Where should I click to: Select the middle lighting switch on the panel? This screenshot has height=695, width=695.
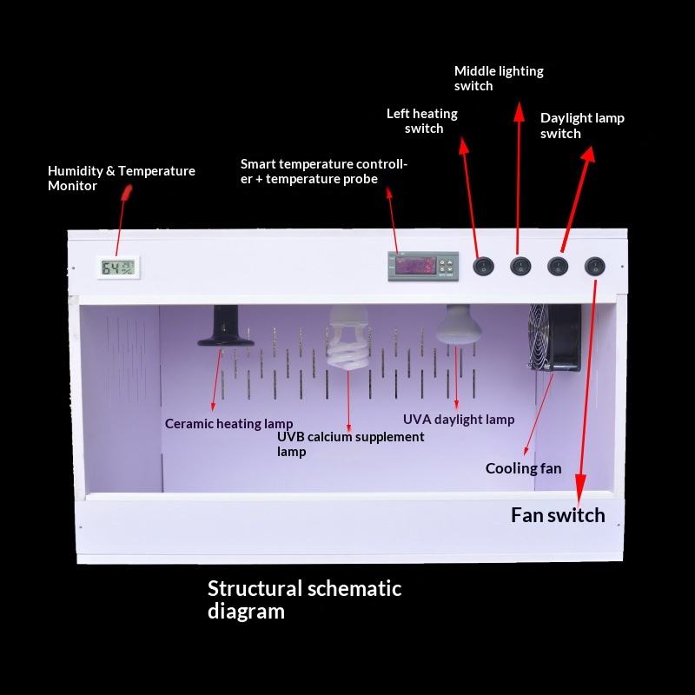[520, 266]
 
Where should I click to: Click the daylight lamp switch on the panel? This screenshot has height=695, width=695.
[557, 266]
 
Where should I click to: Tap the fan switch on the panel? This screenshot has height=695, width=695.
[594, 266]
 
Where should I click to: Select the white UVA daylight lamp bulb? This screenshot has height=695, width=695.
[458, 325]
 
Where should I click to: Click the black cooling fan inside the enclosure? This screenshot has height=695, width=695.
[555, 337]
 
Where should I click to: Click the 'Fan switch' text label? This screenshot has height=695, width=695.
[558, 515]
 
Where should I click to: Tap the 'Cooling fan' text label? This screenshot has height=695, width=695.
[523, 469]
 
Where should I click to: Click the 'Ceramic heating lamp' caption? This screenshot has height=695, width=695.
[229, 424]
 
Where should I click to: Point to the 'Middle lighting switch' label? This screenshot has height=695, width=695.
[499, 78]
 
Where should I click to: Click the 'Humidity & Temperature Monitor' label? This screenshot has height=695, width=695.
[121, 178]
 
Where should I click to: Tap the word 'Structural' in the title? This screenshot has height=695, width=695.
[254, 588]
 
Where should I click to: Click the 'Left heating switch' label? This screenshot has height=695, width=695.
[422, 121]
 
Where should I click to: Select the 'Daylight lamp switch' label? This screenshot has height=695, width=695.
[582, 125]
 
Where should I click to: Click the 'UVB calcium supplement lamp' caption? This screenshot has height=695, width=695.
[350, 444]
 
